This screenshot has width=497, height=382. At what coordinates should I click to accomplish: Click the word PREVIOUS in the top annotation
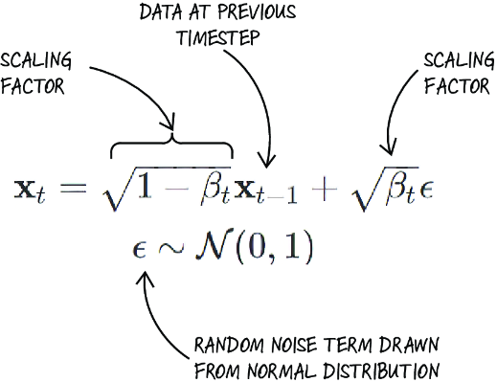pos(257,12)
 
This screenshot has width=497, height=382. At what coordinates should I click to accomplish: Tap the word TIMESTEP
pos(218,37)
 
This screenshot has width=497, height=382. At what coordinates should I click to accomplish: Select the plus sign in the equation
pos(324,189)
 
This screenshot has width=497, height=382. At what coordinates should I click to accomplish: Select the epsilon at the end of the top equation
pos(426,191)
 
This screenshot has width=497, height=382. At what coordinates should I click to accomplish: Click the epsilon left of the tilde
pos(139,250)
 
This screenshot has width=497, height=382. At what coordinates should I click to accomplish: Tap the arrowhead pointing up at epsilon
pos(145,279)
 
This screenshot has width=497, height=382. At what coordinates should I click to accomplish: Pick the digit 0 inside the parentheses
pos(258,247)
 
